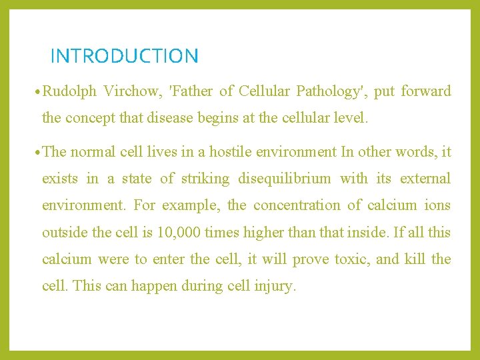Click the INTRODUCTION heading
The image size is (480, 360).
pyautogui.click(x=124, y=56)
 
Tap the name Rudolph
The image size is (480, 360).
pyautogui.click(x=70, y=91)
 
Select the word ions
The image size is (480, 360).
pyautogui.click(x=438, y=205)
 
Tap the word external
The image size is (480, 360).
pyautogui.click(x=425, y=179)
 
